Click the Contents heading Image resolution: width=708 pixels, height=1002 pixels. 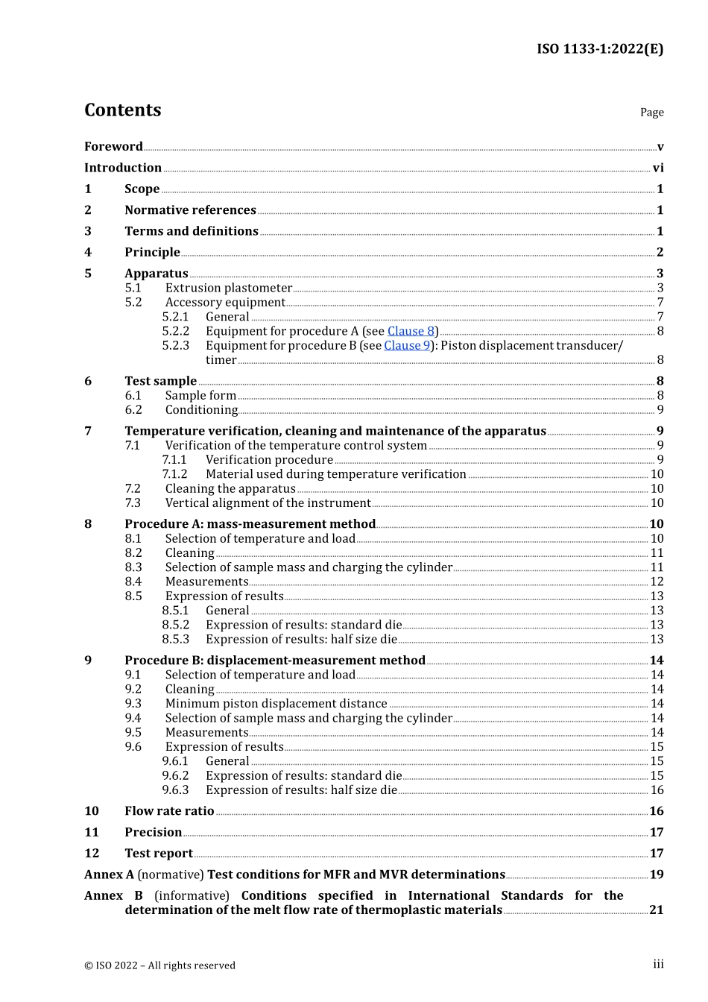pyautogui.click(x=122, y=110)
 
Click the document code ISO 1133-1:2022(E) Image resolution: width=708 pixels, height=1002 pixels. pyautogui.click(x=600, y=49)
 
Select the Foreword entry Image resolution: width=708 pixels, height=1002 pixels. pyautogui.click(x=113, y=147)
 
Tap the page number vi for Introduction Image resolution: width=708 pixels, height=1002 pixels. pyautogui.click(x=658, y=168)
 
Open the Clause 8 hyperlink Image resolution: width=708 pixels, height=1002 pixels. pyautogui.click(x=411, y=331)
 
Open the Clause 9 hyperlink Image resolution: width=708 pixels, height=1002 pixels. pyautogui.click(x=407, y=345)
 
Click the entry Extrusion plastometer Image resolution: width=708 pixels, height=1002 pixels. pyautogui.click(x=228, y=288)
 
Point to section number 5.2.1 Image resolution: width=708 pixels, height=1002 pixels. pyautogui.click(x=175, y=317)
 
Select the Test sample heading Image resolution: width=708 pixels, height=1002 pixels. pyautogui.click(x=160, y=381)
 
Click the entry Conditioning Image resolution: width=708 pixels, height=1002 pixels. pyautogui.click(x=201, y=410)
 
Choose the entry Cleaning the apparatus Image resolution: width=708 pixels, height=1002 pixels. pyautogui.click(x=230, y=489)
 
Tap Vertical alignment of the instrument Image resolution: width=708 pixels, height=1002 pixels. pyautogui.click(x=268, y=503)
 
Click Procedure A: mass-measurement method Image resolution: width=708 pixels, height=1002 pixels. pyautogui.click(x=250, y=524)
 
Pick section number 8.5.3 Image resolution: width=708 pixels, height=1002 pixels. pyautogui.click(x=175, y=640)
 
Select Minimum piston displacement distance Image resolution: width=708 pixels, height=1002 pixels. pyautogui.click(x=276, y=704)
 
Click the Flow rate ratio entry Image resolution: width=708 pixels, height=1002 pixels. pyautogui.click(x=169, y=811)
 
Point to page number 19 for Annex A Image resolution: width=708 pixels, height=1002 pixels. pyautogui.click(x=657, y=875)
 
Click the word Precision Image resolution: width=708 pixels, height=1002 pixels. pyautogui.click(x=153, y=832)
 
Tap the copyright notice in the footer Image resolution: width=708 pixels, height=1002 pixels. pyautogui.click(x=159, y=965)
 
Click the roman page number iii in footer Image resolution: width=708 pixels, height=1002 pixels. pyautogui.click(x=658, y=965)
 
